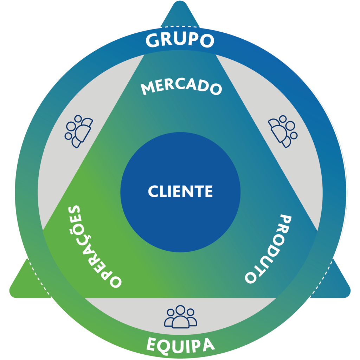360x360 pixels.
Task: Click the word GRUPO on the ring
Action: [x=180, y=40]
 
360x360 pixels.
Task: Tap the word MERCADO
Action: [x=181, y=87]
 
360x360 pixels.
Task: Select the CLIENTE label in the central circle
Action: [x=180, y=192]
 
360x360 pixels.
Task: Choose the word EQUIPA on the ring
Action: [x=180, y=345]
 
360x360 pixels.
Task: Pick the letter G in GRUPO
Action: [x=153, y=41]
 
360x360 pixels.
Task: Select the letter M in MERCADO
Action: [x=148, y=89]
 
